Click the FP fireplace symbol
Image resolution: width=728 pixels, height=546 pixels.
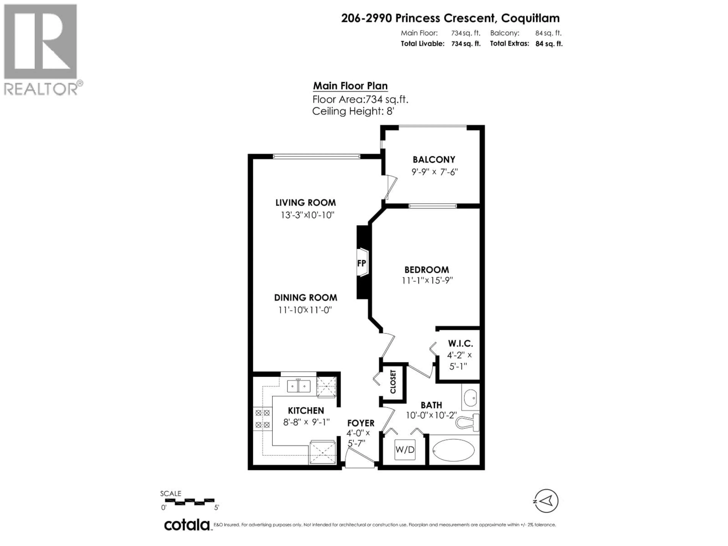(x=362, y=263)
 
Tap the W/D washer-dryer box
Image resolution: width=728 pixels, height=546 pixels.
(x=405, y=449)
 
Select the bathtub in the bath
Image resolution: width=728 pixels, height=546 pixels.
(x=453, y=450)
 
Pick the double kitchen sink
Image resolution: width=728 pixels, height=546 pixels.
(x=299, y=386)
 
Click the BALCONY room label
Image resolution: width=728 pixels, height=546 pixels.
(x=434, y=160)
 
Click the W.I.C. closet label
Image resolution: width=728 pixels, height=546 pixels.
(x=460, y=344)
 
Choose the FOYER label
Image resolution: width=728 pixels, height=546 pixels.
(x=361, y=423)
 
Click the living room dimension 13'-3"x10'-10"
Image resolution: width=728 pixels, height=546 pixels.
(x=307, y=215)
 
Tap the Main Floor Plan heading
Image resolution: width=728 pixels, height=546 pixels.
(x=350, y=86)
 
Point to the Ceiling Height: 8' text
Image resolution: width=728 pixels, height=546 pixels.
(x=353, y=111)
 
